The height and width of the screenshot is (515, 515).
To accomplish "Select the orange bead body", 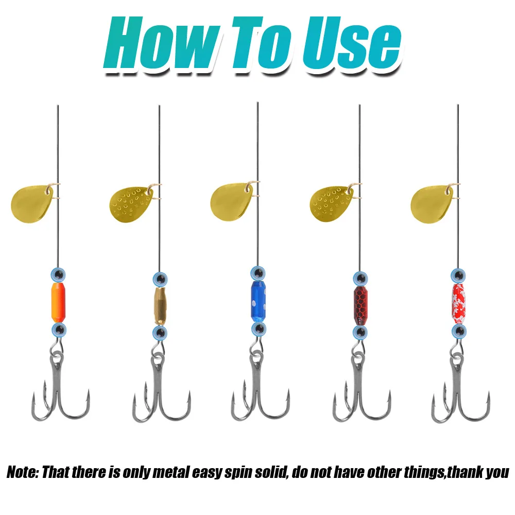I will click(58, 301).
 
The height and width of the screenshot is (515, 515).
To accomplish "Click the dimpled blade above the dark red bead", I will click(332, 202).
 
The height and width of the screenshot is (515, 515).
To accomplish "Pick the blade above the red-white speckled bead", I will click(432, 202).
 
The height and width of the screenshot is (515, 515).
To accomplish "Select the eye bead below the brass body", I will click(159, 332).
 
